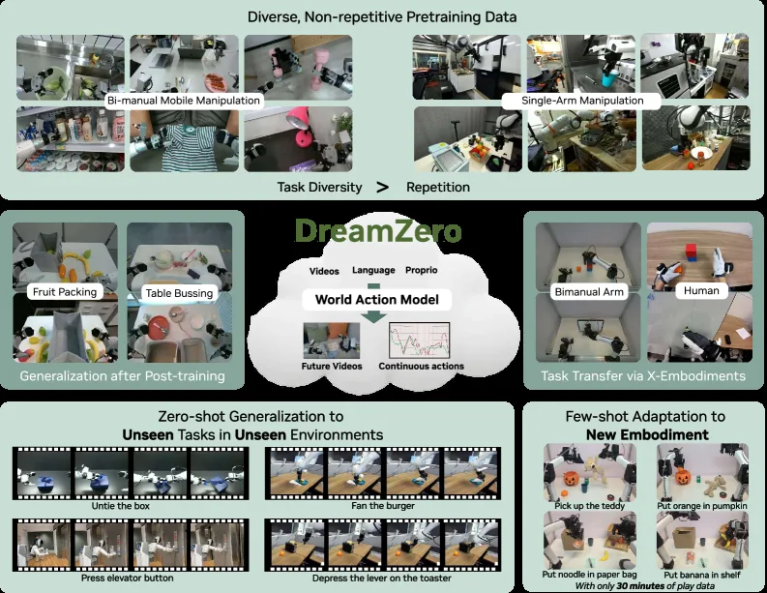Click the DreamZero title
point(378,230)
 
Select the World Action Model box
point(376,300)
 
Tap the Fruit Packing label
point(65,291)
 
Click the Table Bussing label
point(179,292)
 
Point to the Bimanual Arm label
point(589,291)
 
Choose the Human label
point(701,290)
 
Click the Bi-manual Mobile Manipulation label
point(184,101)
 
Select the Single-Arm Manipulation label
point(582,101)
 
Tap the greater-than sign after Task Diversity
point(383,187)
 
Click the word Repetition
point(438,187)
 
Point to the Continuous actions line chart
point(419,341)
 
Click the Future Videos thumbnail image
point(332,341)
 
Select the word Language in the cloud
point(373,270)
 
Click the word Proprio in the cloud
point(421,270)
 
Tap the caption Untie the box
point(120,506)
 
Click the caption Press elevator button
point(127,578)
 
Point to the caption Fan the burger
point(383,506)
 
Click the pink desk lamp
point(300,125)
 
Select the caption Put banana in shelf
point(702,575)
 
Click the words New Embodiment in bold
point(647,434)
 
